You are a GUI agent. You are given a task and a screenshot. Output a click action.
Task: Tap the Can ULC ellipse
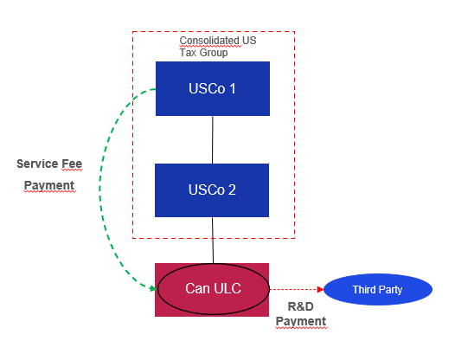(213, 289)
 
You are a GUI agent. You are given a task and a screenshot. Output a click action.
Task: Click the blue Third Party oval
(376, 289)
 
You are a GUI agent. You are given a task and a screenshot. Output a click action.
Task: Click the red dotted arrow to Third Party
(294, 289)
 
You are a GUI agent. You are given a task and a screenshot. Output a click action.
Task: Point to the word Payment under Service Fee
(48, 185)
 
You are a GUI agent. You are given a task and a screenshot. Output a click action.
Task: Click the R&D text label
(298, 305)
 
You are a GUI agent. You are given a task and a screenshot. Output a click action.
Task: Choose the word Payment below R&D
(301, 321)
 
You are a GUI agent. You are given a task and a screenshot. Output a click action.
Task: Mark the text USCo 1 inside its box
(212, 88)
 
